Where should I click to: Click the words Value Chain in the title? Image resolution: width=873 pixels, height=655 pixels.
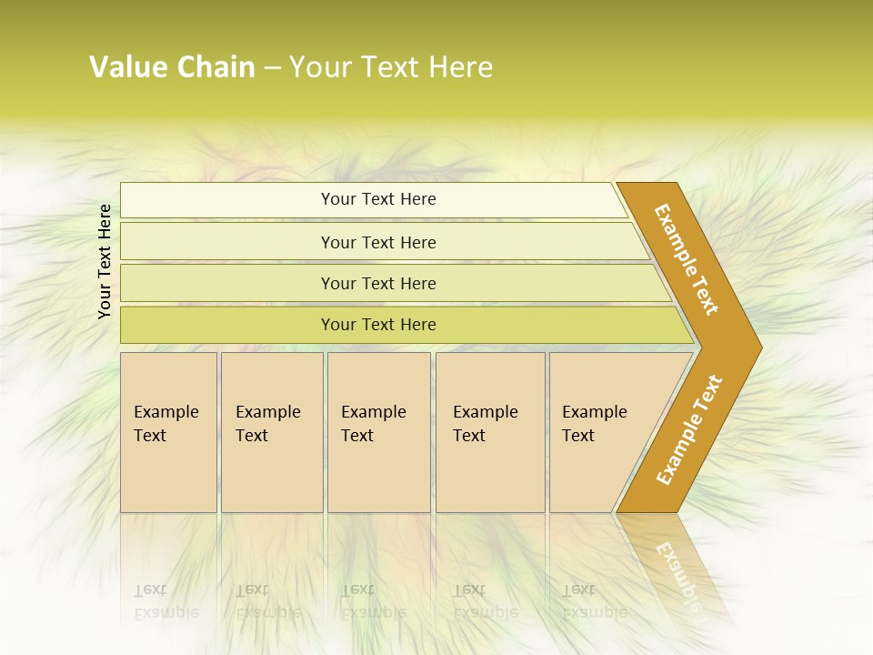(x=172, y=66)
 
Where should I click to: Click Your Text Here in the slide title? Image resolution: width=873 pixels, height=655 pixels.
(x=390, y=66)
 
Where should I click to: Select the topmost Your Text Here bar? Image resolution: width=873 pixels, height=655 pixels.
(x=378, y=199)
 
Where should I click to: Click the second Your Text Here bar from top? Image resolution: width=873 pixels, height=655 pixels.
(x=378, y=242)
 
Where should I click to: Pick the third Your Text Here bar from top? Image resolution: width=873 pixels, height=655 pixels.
(x=378, y=283)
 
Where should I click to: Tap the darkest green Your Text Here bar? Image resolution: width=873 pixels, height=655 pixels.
(x=378, y=325)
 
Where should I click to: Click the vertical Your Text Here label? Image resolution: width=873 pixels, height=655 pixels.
(x=105, y=261)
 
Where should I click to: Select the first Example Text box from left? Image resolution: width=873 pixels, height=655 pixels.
(x=168, y=432)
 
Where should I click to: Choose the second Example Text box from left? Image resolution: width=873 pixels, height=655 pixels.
(x=272, y=432)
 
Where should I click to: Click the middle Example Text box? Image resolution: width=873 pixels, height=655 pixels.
(x=378, y=432)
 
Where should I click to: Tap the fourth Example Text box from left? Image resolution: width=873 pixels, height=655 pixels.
(x=490, y=432)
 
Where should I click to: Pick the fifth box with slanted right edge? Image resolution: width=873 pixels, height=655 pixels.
(x=600, y=432)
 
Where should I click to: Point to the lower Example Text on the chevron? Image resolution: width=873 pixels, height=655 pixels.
(x=689, y=429)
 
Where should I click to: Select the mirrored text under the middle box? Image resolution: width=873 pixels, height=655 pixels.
(x=372, y=601)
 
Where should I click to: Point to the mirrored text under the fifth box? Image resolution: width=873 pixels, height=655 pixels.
(x=594, y=601)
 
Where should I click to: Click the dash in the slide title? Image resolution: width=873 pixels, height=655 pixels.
(x=272, y=67)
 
